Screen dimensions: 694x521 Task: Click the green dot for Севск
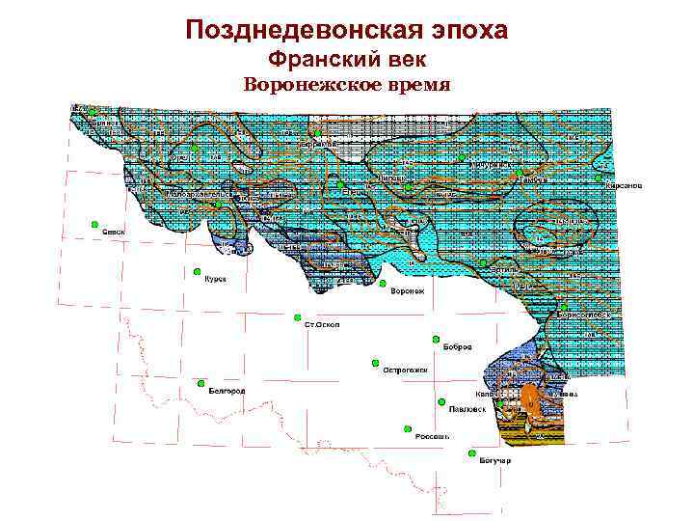94,225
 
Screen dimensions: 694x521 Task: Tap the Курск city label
215,279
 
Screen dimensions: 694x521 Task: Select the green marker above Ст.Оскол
298,315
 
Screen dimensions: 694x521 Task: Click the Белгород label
227,391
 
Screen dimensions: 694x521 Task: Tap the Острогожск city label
404,370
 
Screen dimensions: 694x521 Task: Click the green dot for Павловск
440,401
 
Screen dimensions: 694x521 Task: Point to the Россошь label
431,436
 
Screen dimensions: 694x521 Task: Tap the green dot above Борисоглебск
563,307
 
